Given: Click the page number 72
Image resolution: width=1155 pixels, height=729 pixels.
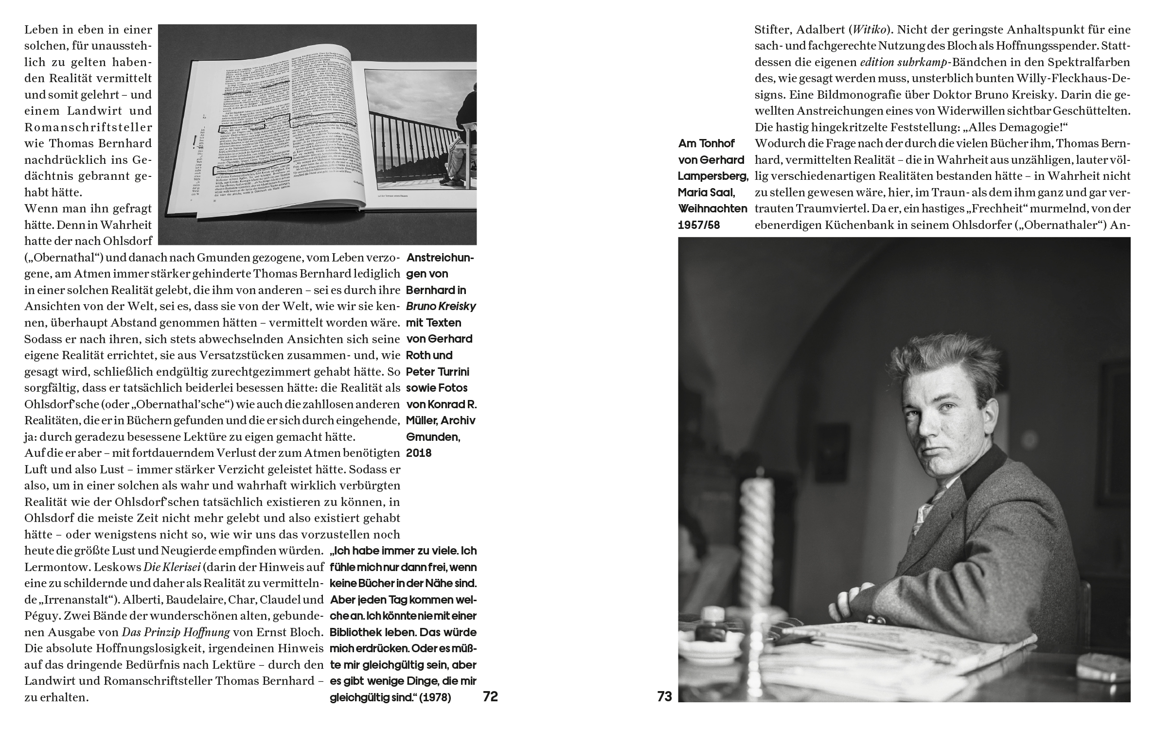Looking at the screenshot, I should click(x=490, y=696).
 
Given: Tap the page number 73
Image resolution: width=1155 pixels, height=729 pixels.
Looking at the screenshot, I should click(x=664, y=696).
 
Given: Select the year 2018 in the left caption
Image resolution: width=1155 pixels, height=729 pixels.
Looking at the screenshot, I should click(x=419, y=452).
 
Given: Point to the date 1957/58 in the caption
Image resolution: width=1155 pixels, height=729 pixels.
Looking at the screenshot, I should click(x=699, y=225).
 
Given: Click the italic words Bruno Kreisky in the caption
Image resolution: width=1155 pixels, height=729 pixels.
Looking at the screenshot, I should click(x=441, y=307).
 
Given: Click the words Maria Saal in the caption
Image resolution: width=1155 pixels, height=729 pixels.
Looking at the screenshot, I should click(x=706, y=192).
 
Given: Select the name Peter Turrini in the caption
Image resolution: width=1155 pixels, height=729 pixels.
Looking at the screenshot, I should click(x=437, y=372).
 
